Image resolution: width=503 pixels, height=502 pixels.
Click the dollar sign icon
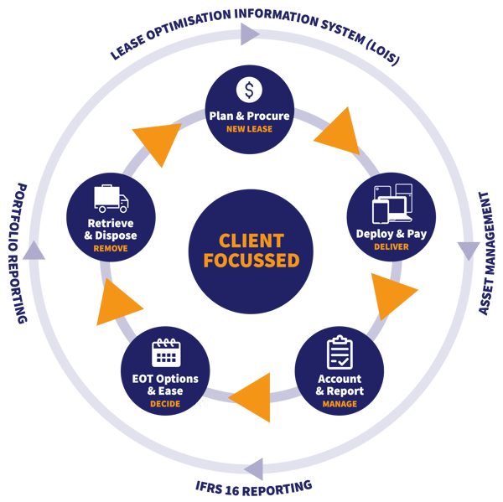pyautogui.click(x=250, y=90)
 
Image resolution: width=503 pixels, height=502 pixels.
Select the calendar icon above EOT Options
pyautogui.click(x=166, y=352)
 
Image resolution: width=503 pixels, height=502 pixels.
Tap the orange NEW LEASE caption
pyautogui.click(x=250, y=130)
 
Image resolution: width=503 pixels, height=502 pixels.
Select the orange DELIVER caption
pyautogui.click(x=392, y=248)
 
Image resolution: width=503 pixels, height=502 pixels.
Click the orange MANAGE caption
pyautogui.click(x=339, y=404)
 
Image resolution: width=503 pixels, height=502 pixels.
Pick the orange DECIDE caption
pyautogui.click(x=165, y=404)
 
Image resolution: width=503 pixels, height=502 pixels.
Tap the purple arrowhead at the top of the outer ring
pyautogui.click(x=249, y=34)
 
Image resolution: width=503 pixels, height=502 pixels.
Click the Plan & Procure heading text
pyautogui.click(x=250, y=116)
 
